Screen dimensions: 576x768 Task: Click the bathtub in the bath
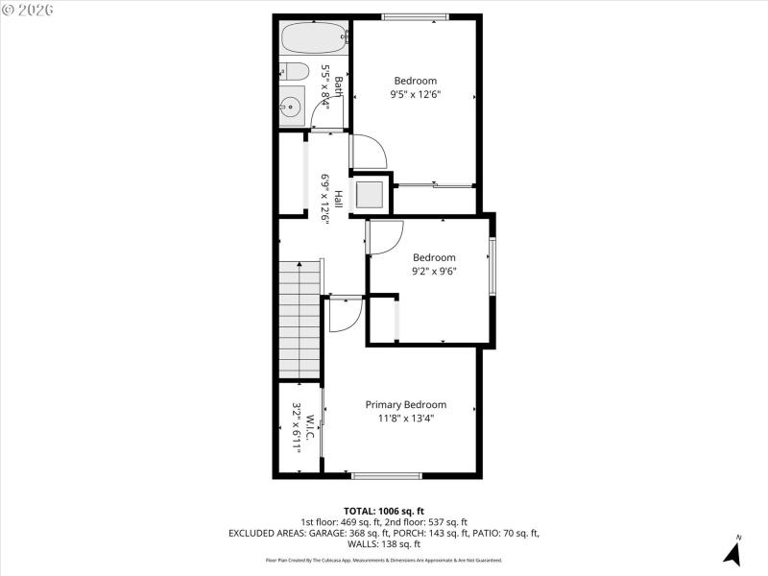tap(313, 39)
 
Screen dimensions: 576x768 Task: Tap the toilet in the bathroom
tap(293, 71)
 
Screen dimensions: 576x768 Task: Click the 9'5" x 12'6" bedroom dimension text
tap(414, 95)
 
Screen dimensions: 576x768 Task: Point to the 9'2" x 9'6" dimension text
tap(434, 271)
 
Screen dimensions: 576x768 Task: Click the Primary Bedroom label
tap(405, 404)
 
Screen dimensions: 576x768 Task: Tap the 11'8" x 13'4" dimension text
tap(405, 418)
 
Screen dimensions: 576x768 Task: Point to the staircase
tap(299, 320)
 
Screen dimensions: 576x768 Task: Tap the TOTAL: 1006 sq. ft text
tap(384, 511)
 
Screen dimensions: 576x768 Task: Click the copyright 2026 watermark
tap(28, 10)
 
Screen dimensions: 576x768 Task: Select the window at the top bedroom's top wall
tap(415, 16)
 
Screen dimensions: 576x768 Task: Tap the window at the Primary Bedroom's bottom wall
tap(386, 474)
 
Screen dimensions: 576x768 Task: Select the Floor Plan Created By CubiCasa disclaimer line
tap(384, 560)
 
